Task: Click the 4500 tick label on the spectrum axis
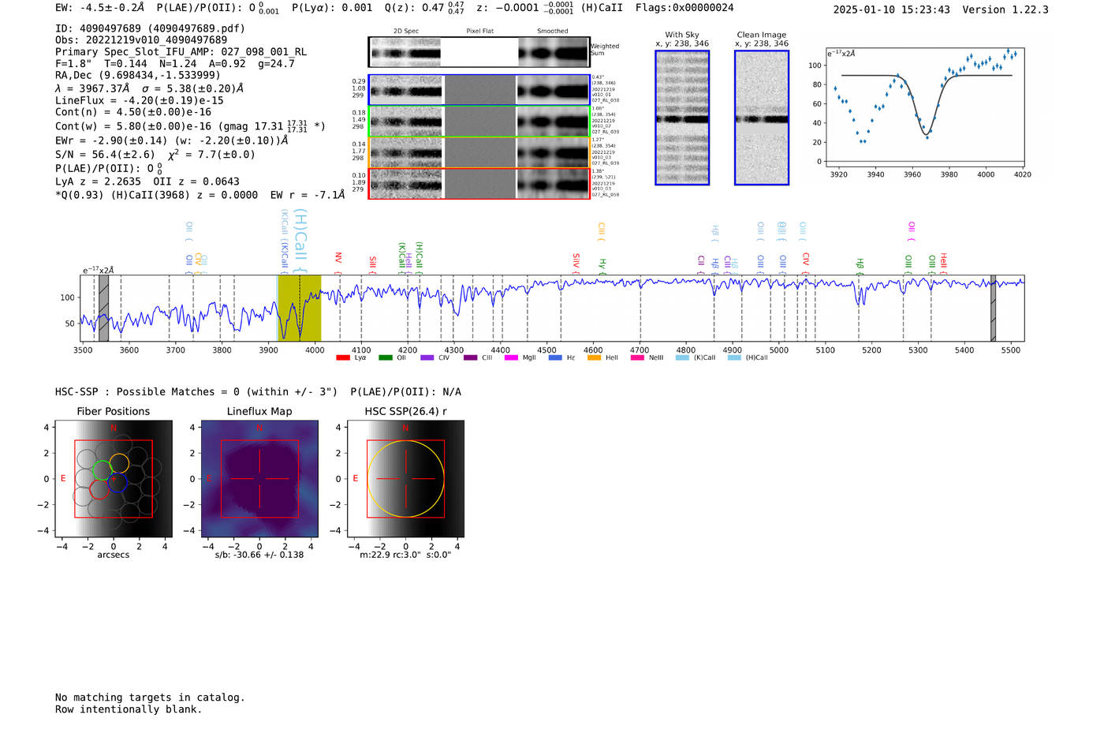(x=546, y=350)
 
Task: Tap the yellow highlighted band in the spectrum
(x=300, y=308)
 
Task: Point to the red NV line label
(x=338, y=258)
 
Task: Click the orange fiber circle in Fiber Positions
(x=119, y=463)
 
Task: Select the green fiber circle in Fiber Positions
(x=102, y=470)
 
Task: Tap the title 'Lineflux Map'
(x=259, y=411)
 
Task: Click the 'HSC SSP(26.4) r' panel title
(x=405, y=411)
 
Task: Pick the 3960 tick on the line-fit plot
(x=912, y=174)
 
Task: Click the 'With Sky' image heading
(x=682, y=35)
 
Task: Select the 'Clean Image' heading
(x=761, y=35)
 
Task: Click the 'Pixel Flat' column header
(x=479, y=31)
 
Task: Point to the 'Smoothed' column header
(x=552, y=31)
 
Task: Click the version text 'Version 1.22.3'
(x=1016, y=9)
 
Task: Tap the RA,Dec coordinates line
(x=138, y=75)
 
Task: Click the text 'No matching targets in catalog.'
(x=150, y=698)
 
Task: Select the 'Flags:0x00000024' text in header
(x=684, y=8)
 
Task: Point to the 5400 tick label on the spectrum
(x=964, y=350)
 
